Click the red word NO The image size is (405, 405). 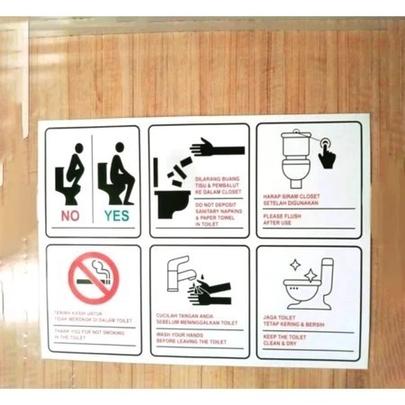coord(70,216)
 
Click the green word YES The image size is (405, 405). coord(116,216)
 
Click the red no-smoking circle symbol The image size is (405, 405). coord(94,275)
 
